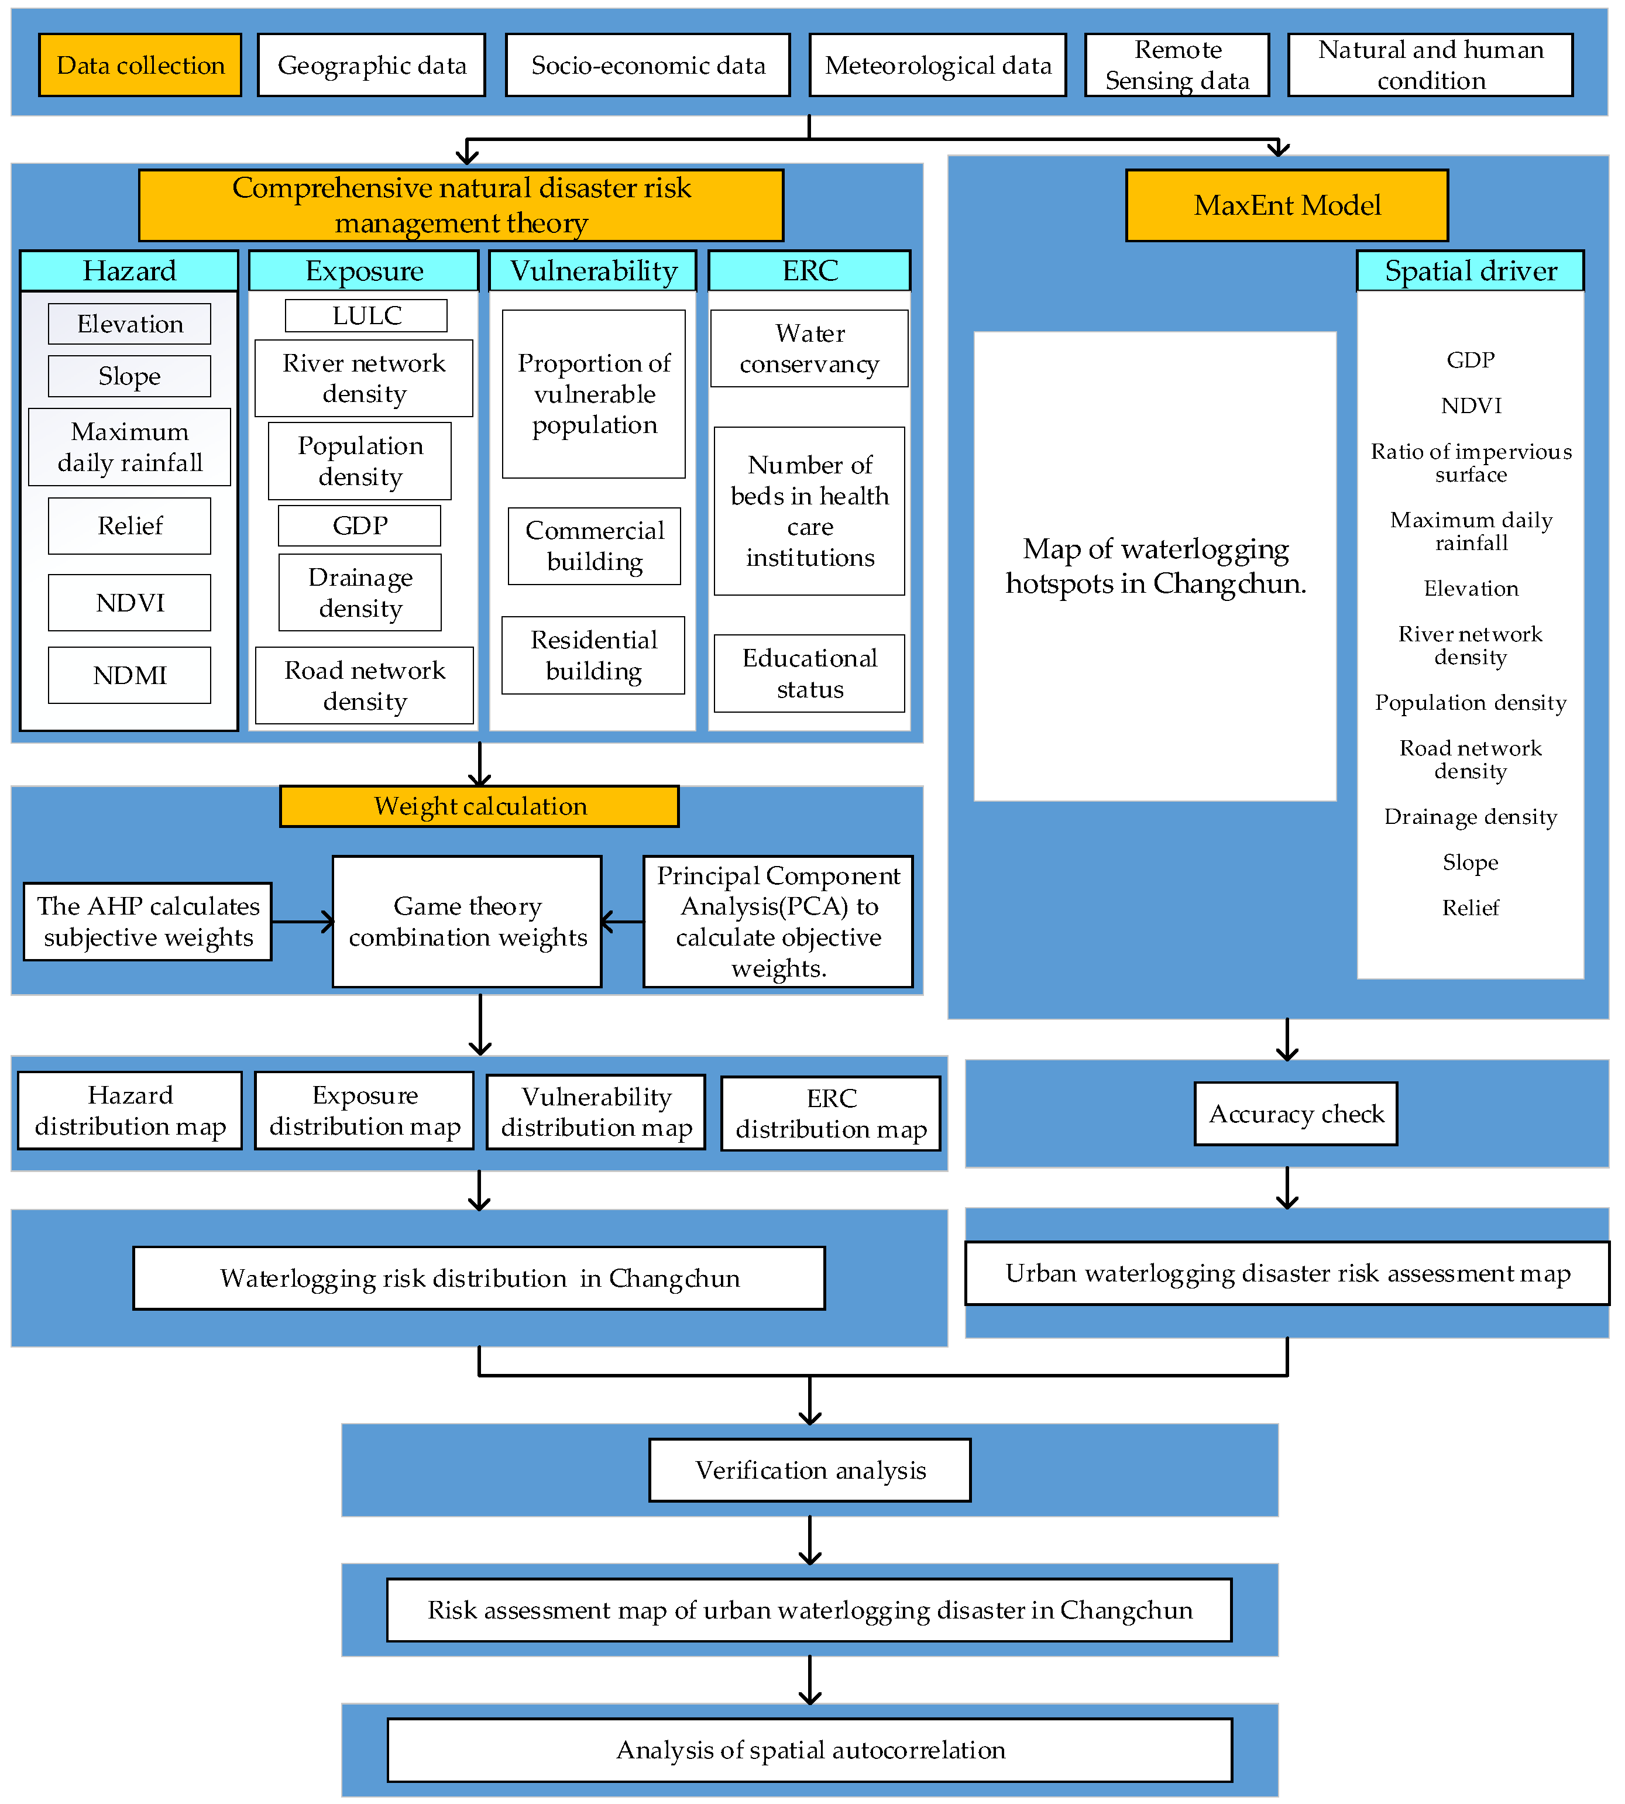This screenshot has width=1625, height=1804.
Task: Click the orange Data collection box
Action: pyautogui.click(x=140, y=65)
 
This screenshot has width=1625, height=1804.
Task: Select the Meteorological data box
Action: pyautogui.click(x=937, y=65)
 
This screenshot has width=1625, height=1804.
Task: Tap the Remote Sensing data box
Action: pyautogui.click(x=1177, y=65)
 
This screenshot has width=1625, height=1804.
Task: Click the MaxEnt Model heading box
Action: pyautogui.click(x=1287, y=205)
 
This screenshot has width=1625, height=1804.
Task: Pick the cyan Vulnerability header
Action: pyautogui.click(x=593, y=270)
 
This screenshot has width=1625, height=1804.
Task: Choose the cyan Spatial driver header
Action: pyautogui.click(x=1470, y=270)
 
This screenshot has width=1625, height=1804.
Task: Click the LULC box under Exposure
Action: pyautogui.click(x=366, y=315)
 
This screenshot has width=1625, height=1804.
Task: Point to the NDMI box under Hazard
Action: pyautogui.click(x=129, y=675)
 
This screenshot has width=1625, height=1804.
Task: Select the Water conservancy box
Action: pyautogui.click(x=809, y=348)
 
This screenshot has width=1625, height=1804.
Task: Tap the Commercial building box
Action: pyautogui.click(x=595, y=545)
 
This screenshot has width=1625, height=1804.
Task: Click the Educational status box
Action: pyautogui.click(x=809, y=673)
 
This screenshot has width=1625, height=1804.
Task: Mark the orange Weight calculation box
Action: pyautogui.click(x=479, y=806)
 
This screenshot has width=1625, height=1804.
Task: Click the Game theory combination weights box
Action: pyautogui.click(x=467, y=921)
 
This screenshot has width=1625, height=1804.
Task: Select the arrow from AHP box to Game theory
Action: pyautogui.click(x=304, y=921)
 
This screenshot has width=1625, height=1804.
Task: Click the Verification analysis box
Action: pyautogui.click(x=810, y=1469)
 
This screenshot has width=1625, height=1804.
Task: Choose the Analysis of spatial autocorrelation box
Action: pyautogui.click(x=810, y=1750)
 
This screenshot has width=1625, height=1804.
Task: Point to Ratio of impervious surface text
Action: pyautogui.click(x=1471, y=462)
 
